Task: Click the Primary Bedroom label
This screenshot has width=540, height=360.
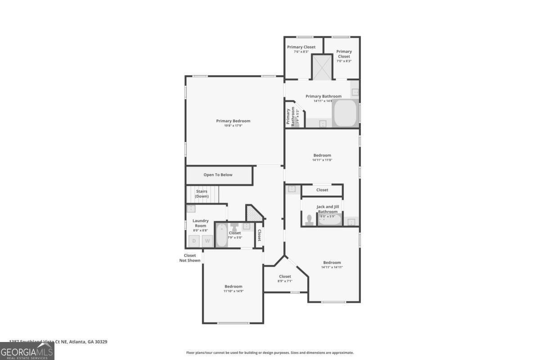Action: [x=233, y=121]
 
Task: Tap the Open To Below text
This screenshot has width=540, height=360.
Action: [x=218, y=175]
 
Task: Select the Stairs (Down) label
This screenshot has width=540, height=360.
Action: [x=202, y=194]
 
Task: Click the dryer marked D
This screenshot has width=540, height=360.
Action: [x=194, y=241]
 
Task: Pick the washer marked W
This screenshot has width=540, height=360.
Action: [x=207, y=241]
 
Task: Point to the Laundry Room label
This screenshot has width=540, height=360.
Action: [x=200, y=223]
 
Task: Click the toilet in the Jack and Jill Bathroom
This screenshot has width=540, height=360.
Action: [x=309, y=220]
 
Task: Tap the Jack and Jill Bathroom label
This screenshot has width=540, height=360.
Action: [x=328, y=209]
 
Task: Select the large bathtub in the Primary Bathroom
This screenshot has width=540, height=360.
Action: [x=345, y=113]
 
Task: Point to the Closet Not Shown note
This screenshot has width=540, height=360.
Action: [x=190, y=258]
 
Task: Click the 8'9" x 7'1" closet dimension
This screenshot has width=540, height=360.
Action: [x=285, y=281]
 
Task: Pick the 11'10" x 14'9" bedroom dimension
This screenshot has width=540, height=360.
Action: [x=234, y=291]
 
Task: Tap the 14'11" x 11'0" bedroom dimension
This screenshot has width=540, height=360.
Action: [x=322, y=160]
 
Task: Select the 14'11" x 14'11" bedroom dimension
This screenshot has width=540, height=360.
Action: [x=332, y=267]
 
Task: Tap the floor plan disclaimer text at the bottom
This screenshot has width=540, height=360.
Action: [x=270, y=353]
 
